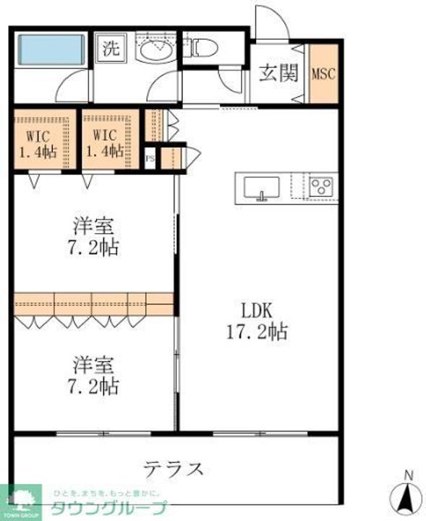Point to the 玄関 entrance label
coord(278,75)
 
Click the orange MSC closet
coord(323,74)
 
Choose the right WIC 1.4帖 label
coord(105,144)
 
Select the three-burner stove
coord(320,187)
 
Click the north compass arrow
coord(407,498)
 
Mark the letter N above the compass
coord(408,475)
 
